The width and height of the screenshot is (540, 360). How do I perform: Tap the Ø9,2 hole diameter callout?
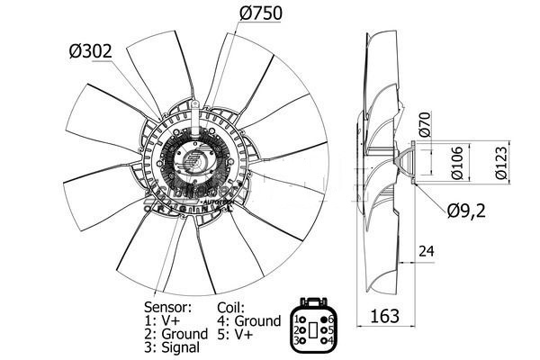tap(469, 211)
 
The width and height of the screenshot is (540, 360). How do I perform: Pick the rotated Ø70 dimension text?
tap(427, 121)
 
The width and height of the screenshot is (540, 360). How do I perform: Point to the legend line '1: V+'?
tap(162, 320)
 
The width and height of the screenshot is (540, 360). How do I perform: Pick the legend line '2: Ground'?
tap(176, 334)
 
